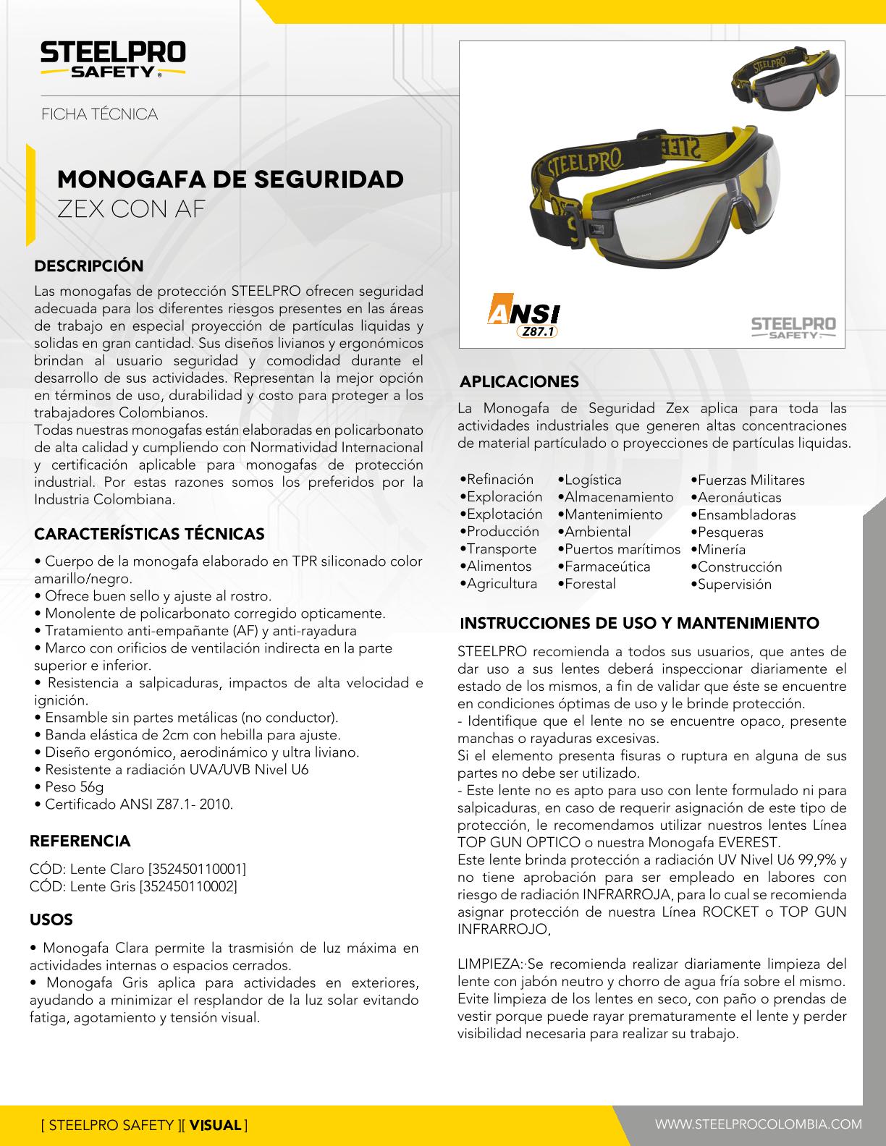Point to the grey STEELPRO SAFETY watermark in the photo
pos(793,327)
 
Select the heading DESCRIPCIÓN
pos(90,266)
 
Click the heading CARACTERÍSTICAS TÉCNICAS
pos(150,534)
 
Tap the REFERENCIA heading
pos(80,841)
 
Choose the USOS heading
pos(51,920)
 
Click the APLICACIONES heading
pos(520,381)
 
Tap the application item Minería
pos(722,549)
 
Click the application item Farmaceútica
pos(607,566)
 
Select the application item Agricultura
pos(502,584)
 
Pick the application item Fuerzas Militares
pos(751,480)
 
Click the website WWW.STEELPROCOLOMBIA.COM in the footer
pos(759,1124)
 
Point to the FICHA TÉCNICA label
pos(99,114)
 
